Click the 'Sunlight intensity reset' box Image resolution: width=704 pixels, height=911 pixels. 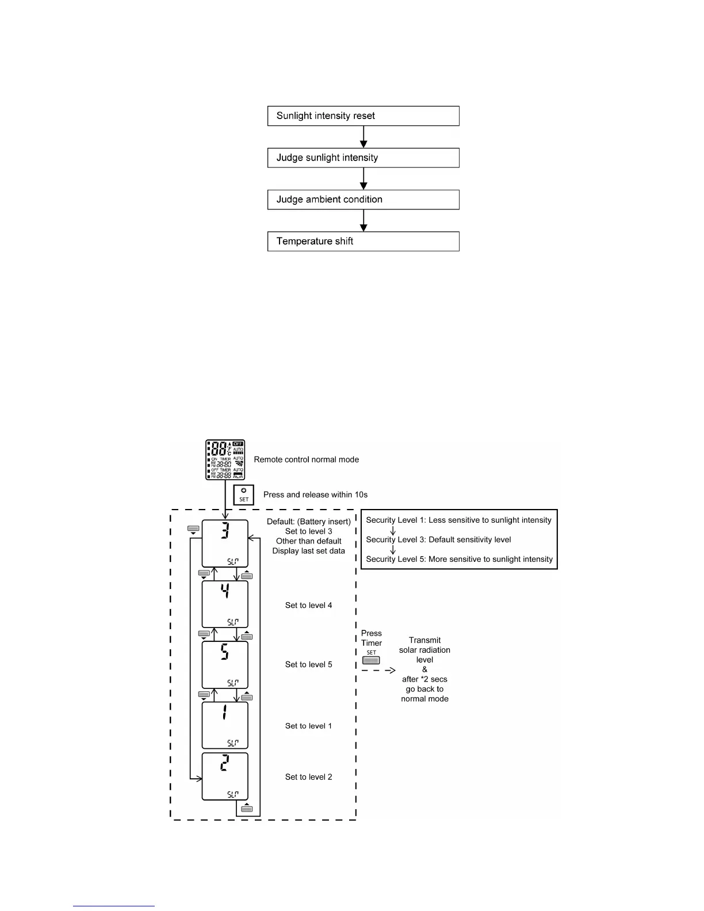[363, 116]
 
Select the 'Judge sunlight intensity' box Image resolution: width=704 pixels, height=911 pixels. [363, 158]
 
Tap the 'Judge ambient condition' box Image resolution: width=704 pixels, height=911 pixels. [363, 200]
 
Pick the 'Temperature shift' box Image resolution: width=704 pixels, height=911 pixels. [363, 242]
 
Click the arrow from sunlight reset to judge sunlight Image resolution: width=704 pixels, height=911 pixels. [364, 137]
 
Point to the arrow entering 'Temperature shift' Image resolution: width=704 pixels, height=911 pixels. [364, 220]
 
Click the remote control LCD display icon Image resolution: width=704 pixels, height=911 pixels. [225, 460]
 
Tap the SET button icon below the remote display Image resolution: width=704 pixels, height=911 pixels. [244, 495]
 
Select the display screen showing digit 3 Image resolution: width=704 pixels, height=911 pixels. [225, 543]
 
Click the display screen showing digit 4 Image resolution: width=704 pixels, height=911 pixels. [225, 604]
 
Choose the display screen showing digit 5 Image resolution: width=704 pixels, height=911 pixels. [225, 665]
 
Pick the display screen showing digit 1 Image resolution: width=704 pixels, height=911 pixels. [225, 725]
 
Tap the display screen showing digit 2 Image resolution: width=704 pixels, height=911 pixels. [225, 776]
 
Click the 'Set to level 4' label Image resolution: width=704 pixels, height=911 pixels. [308, 605]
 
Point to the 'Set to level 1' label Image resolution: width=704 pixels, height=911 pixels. [308, 726]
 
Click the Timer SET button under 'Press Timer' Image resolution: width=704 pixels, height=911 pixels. [371, 660]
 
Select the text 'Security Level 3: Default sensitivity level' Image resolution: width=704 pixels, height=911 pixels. [438, 539]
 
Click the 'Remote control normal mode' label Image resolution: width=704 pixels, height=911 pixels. [306, 460]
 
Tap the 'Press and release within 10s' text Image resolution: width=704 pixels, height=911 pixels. [315, 495]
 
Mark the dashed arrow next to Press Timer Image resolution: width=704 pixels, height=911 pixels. [378, 671]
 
